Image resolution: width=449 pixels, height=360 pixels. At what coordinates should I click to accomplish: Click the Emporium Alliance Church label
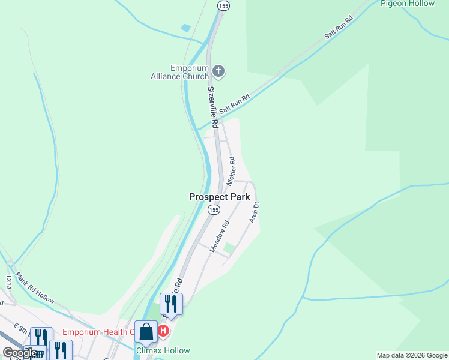click(x=180, y=72)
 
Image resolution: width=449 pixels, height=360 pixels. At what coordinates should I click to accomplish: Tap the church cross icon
click(x=218, y=72)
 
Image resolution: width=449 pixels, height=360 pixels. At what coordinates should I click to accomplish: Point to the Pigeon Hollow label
click(x=407, y=4)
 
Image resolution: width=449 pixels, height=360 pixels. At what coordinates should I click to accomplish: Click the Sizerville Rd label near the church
click(x=212, y=101)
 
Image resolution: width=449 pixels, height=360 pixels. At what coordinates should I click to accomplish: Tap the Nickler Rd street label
click(x=231, y=171)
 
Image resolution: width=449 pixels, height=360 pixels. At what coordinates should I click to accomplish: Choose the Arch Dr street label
click(x=255, y=212)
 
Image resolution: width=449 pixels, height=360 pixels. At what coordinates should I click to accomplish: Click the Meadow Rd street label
click(x=220, y=236)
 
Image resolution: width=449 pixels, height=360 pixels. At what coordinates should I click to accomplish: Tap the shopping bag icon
click(x=146, y=331)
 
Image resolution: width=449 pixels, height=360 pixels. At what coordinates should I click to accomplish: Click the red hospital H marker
click(x=163, y=331)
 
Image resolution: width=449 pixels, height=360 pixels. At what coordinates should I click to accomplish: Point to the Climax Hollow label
click(x=163, y=350)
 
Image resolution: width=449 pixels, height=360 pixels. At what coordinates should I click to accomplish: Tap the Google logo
click(x=19, y=353)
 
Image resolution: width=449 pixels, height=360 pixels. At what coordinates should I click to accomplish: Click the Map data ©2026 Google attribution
click(x=412, y=355)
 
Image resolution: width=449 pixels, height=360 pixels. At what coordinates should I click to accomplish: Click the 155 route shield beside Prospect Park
click(x=213, y=209)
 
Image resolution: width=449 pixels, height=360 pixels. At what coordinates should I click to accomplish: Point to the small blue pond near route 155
click(x=186, y=28)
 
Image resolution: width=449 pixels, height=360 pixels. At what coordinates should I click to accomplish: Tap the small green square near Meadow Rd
click(x=229, y=248)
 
